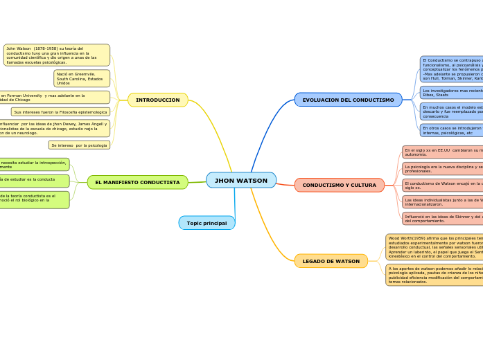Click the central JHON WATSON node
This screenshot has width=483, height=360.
pyautogui.click(x=241, y=181)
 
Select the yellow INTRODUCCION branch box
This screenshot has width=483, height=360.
pyautogui.click(x=158, y=100)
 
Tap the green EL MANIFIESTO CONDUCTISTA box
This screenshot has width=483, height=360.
pyautogui.click(x=137, y=182)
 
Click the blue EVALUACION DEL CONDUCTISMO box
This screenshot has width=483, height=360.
pyautogui.click(x=348, y=100)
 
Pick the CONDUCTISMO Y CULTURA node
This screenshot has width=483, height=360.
pyautogui.click(x=339, y=186)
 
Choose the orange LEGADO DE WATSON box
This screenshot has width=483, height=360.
pyautogui.click(x=331, y=261)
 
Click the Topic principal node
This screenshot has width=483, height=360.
pyautogui.click(x=207, y=223)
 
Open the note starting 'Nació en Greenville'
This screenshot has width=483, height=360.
pyautogui.click(x=82, y=78)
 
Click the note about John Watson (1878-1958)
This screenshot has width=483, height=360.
pyautogui.click(x=57, y=55)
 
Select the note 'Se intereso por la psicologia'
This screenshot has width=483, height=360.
pyautogui.click(x=79, y=145)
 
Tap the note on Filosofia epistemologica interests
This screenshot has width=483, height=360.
pyautogui.click(x=60, y=111)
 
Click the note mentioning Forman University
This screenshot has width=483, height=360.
pyautogui.click(x=55, y=98)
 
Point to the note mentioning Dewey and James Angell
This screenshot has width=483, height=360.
pyautogui.click(x=55, y=128)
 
